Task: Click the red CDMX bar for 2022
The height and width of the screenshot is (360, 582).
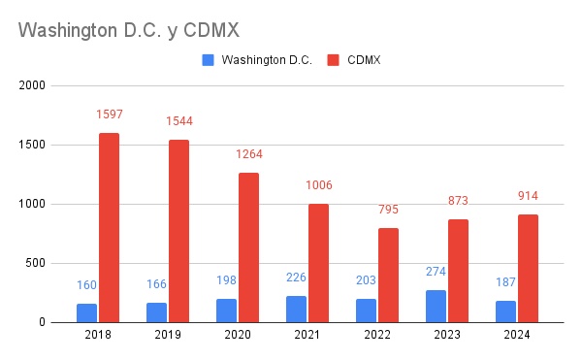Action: (388, 275)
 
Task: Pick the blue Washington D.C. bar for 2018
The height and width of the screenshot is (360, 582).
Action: (87, 312)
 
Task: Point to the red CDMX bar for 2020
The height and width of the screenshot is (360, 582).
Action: (248, 247)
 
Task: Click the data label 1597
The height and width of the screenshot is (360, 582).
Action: (109, 115)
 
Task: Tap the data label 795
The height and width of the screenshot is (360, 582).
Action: (388, 210)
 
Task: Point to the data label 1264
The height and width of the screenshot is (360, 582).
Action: (248, 154)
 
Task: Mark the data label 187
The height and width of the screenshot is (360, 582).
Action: (505, 282)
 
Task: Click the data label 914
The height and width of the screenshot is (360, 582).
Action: (528, 196)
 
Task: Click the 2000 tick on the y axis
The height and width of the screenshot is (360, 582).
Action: (33, 86)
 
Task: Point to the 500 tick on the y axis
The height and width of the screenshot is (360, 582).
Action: (36, 263)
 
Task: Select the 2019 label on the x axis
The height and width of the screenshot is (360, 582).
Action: (168, 336)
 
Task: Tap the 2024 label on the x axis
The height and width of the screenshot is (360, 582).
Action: (517, 336)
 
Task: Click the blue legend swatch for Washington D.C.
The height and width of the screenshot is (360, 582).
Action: (209, 60)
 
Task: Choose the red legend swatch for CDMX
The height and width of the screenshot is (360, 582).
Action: (333, 60)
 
